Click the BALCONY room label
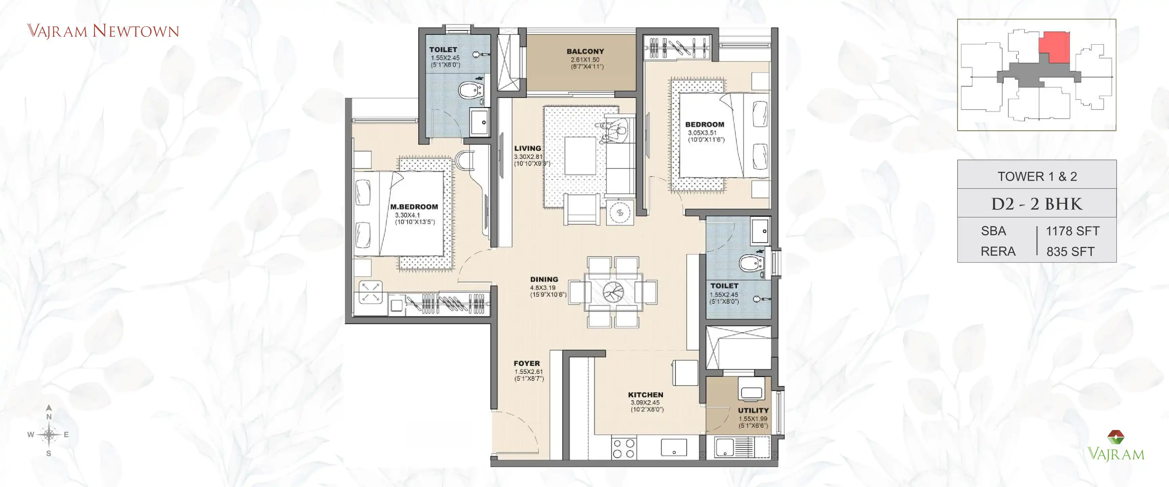(585, 51)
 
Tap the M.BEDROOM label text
(414, 207)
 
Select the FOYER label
(526, 363)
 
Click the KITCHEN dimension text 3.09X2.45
(645, 402)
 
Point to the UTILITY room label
(753, 410)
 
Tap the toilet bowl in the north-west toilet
(469, 90)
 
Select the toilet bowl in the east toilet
(751, 263)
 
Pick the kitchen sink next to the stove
(673, 447)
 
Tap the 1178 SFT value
(1072, 231)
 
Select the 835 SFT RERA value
(1070, 251)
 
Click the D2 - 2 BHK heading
(1036, 204)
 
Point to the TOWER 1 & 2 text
(1036, 176)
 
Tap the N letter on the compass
(49, 416)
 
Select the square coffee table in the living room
(580, 156)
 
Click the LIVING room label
(527, 148)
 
